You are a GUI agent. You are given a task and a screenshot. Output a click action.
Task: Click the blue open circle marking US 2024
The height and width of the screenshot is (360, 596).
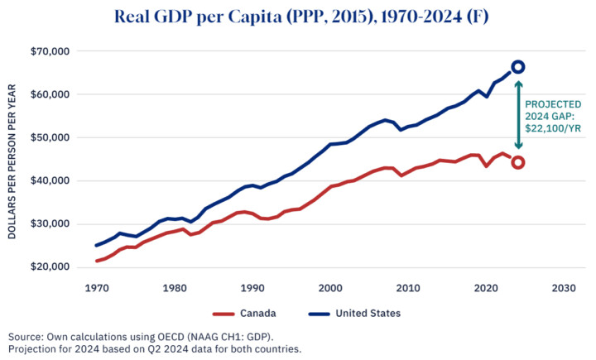click(x=517, y=66)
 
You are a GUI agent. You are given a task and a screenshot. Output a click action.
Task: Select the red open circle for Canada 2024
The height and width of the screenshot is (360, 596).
click(x=517, y=162)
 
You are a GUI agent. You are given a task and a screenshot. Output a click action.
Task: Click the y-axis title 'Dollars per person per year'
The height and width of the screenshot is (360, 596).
click(x=12, y=159)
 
